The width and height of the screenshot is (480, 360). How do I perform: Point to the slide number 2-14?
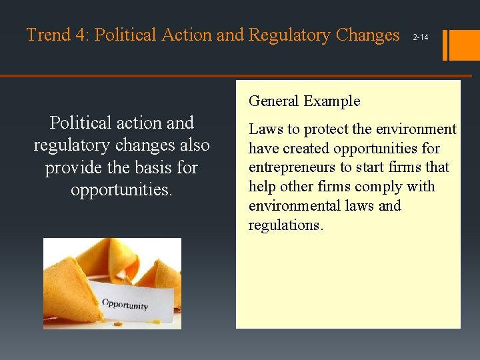421,37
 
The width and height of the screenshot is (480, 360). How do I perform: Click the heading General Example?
304,101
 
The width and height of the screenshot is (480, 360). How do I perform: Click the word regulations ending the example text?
285,225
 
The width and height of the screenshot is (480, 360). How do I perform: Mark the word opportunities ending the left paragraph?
121,190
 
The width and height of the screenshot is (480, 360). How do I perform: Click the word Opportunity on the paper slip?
125,305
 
